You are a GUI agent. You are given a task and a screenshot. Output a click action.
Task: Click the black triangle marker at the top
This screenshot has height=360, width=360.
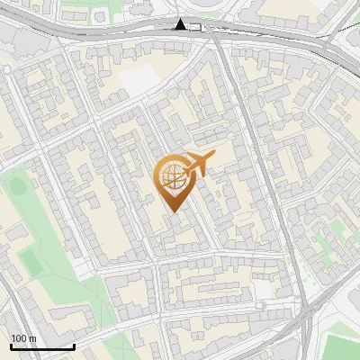(181, 24)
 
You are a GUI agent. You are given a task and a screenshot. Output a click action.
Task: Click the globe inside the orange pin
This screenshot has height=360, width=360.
(172, 178)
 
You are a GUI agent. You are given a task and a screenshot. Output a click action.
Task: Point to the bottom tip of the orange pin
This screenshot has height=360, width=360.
(172, 212)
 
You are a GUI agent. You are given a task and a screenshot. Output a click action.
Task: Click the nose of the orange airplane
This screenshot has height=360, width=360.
(214, 156)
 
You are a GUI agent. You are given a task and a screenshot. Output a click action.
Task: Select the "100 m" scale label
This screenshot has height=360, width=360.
(23, 337)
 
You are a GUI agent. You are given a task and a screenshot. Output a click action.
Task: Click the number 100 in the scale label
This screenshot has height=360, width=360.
(19, 337)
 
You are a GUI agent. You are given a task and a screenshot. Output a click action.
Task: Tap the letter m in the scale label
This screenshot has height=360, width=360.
(32, 337)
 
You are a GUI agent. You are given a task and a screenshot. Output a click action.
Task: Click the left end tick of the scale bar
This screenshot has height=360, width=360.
(12, 346)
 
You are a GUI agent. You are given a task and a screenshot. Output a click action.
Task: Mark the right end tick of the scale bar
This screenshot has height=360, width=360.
(75, 346)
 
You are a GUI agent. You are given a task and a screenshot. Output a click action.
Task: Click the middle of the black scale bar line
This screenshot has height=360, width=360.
(43, 347)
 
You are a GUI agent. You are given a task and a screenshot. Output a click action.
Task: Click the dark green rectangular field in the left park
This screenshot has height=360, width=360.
(30, 262)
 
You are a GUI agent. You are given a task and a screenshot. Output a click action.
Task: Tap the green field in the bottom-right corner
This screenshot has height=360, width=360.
(343, 347)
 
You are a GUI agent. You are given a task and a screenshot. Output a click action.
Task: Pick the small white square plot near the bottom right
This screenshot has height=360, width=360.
(263, 288)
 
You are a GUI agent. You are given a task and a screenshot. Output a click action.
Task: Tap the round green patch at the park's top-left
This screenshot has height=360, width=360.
(15, 184)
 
